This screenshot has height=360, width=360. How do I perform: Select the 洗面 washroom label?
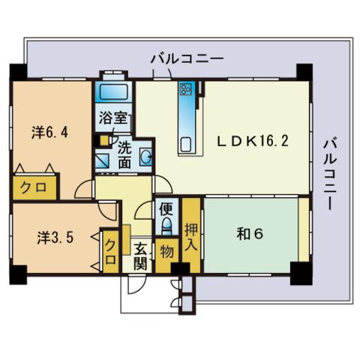(x=125, y=153)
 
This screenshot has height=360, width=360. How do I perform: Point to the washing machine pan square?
(x=103, y=160)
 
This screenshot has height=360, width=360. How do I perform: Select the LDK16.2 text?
(x=253, y=140)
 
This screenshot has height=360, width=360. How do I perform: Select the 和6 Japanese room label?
(x=249, y=233)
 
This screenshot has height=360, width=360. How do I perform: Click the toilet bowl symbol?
(x=166, y=225)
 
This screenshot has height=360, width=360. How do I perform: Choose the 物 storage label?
(x=165, y=250)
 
